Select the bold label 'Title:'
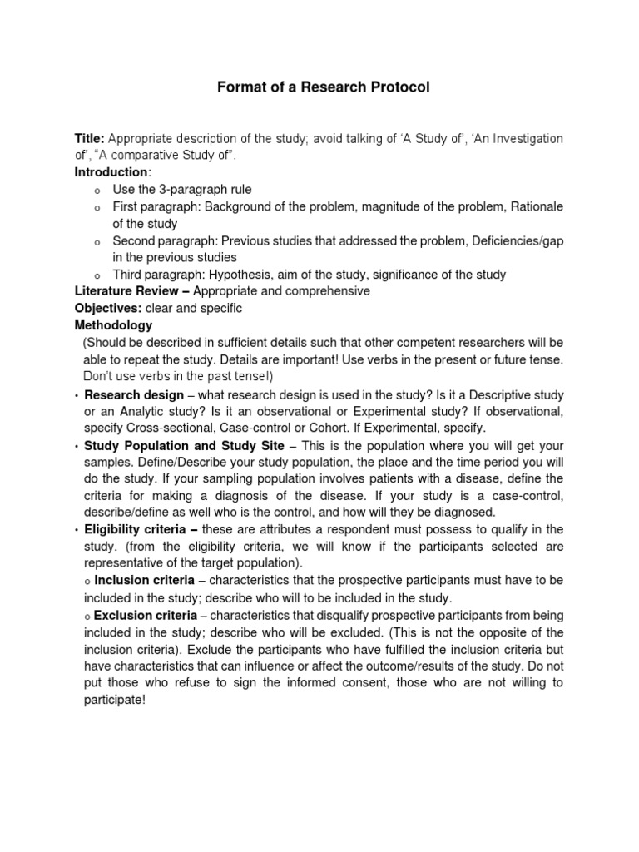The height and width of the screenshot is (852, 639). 90,138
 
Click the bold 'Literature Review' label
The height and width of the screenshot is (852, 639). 125,291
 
